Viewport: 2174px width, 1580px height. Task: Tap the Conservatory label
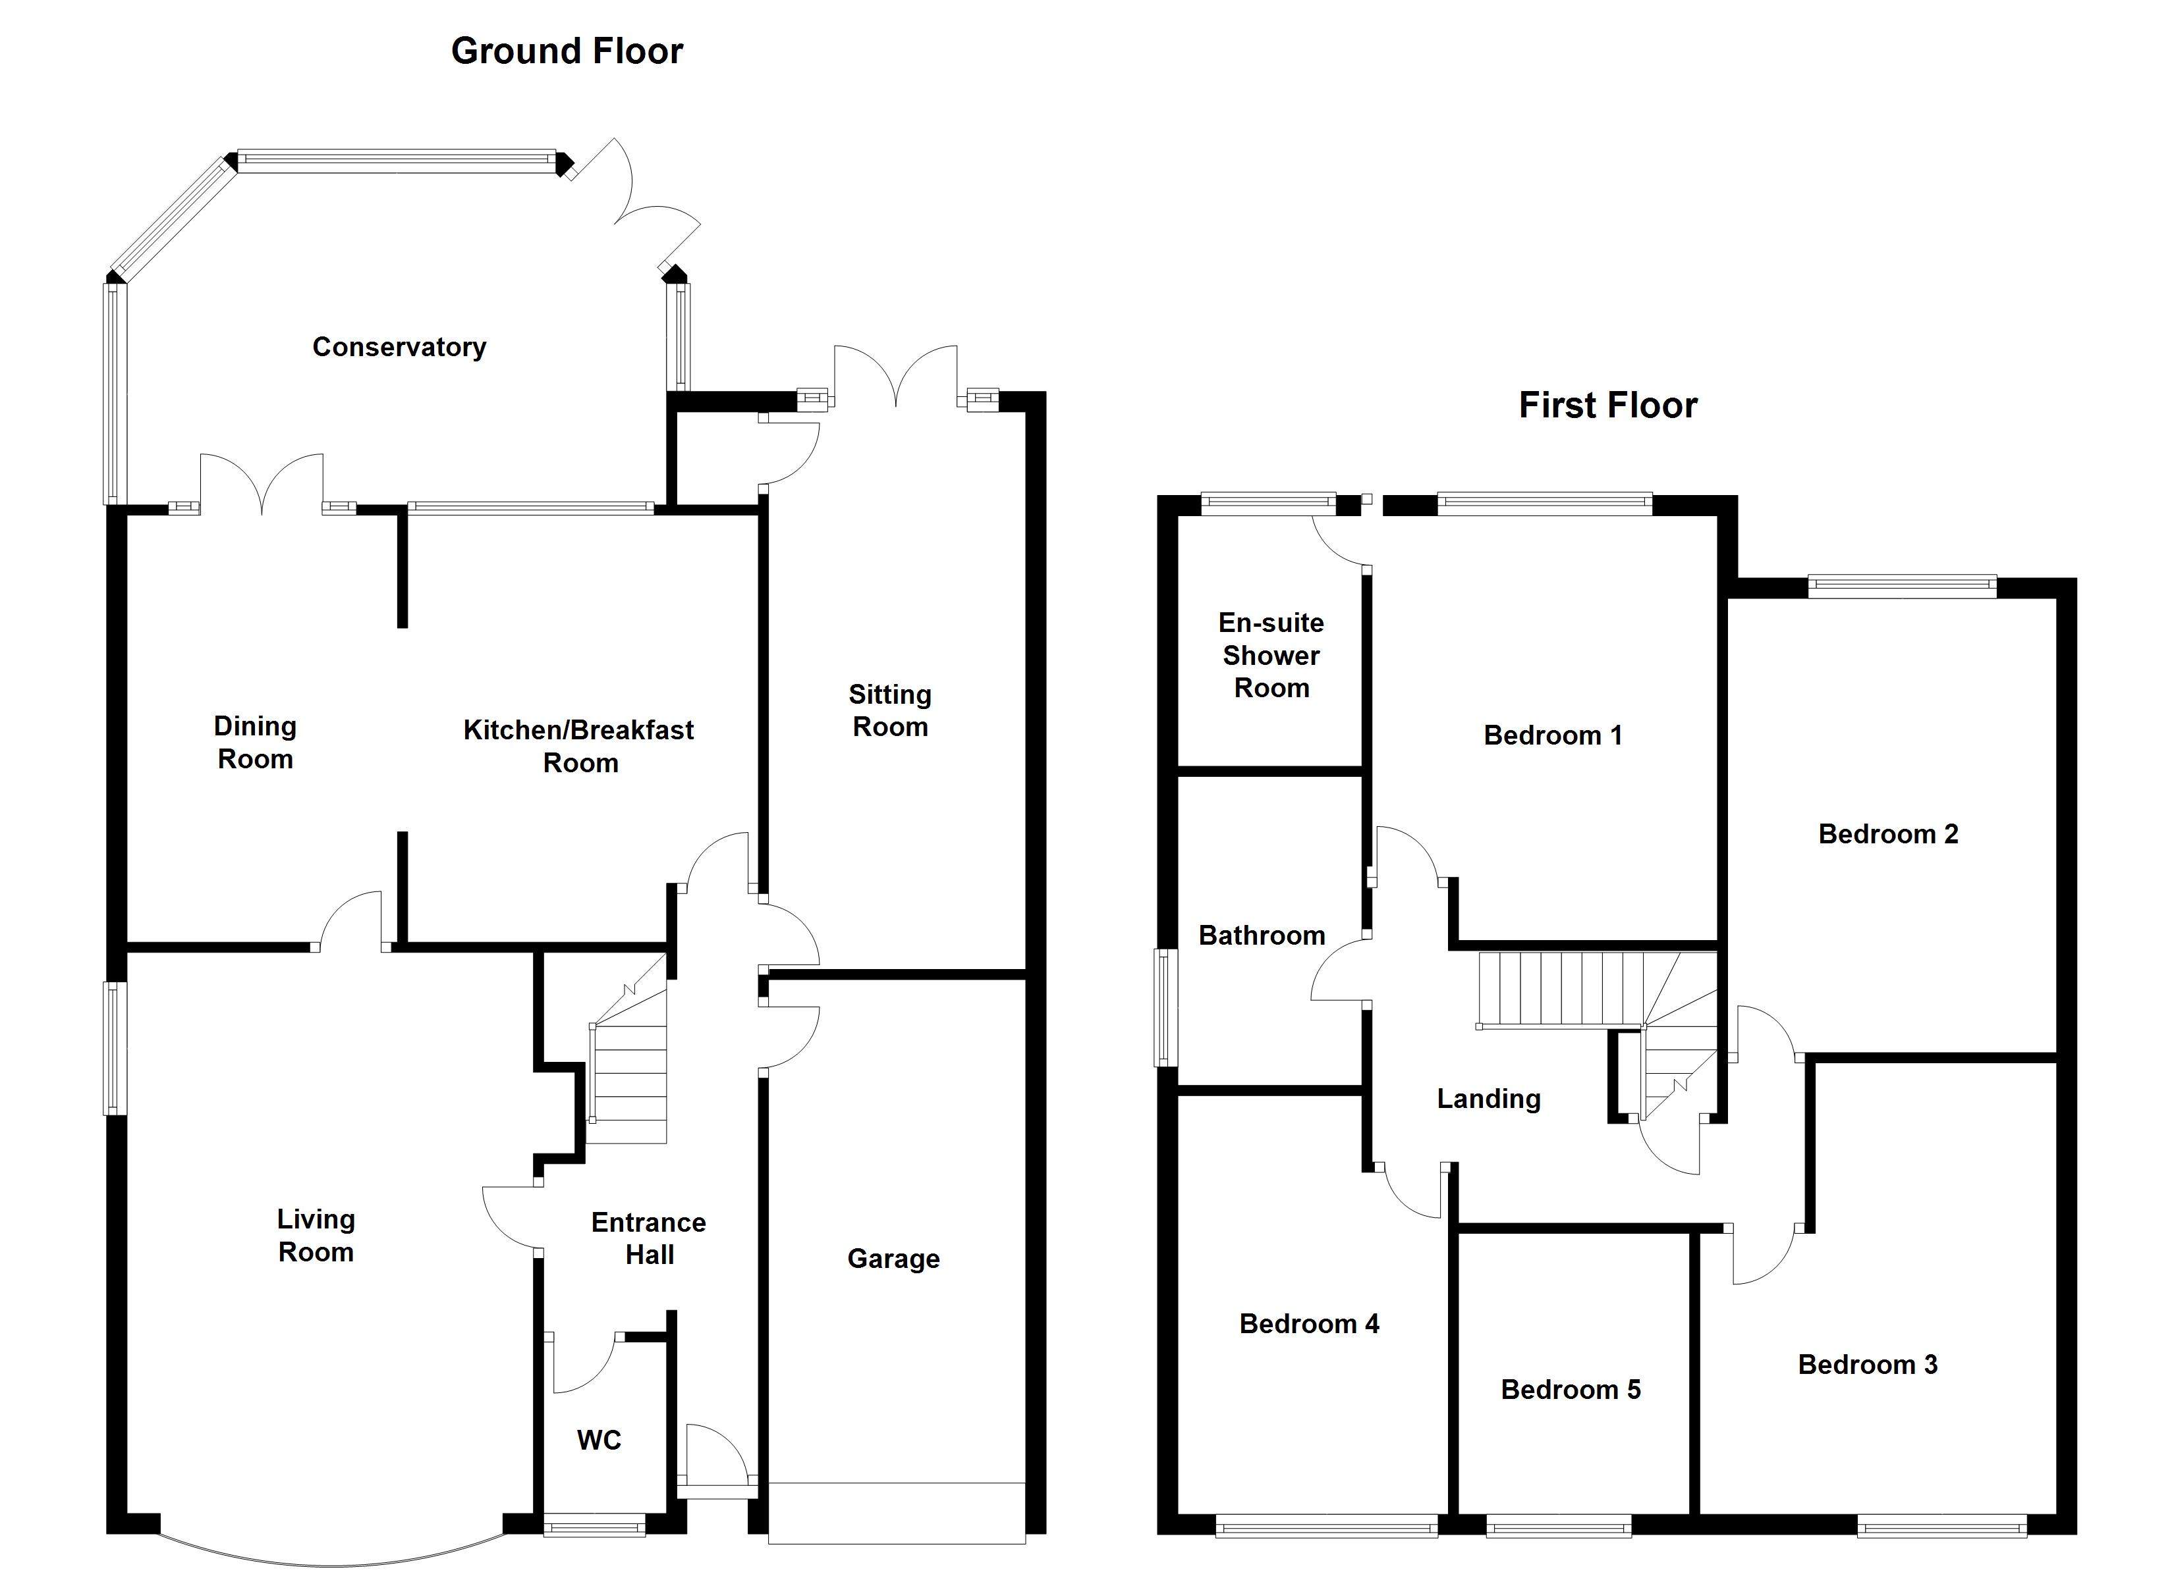pyautogui.click(x=399, y=347)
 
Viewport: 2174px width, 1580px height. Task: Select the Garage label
pyautogui.click(x=893, y=1258)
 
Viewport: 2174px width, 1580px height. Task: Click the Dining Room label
pyautogui.click(x=255, y=742)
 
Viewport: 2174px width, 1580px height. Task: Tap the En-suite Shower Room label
pyautogui.click(x=1271, y=656)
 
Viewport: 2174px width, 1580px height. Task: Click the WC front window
pyautogui.click(x=594, y=1525)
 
